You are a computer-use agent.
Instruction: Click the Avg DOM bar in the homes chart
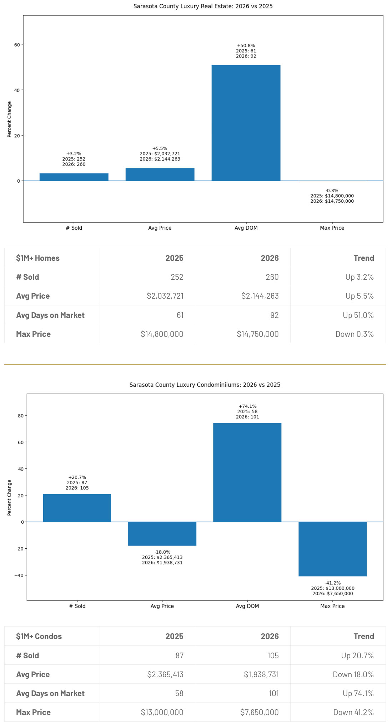246,123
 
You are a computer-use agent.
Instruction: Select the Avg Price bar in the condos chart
162,533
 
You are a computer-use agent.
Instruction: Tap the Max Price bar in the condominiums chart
332,549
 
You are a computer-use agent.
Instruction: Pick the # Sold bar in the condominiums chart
77,508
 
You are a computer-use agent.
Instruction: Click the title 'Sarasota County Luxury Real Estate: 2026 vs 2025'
203,6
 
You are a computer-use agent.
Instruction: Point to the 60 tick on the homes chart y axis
17,45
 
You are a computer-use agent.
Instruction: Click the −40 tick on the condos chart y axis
19,575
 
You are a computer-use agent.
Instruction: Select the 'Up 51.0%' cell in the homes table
358,315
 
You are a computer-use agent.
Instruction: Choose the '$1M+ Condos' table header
39,636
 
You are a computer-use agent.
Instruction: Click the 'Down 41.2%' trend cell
353,712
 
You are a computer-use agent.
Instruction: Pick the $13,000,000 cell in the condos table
162,712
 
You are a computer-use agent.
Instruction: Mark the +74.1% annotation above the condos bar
247,406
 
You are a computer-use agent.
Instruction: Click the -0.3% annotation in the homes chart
332,191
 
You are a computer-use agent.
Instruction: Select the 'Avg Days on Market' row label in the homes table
50,315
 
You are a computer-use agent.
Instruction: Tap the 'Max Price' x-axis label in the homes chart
332,228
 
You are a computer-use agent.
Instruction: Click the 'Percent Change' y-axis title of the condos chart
10,497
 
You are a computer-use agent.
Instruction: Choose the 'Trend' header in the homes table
363,258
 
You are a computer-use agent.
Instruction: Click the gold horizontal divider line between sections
195,364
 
